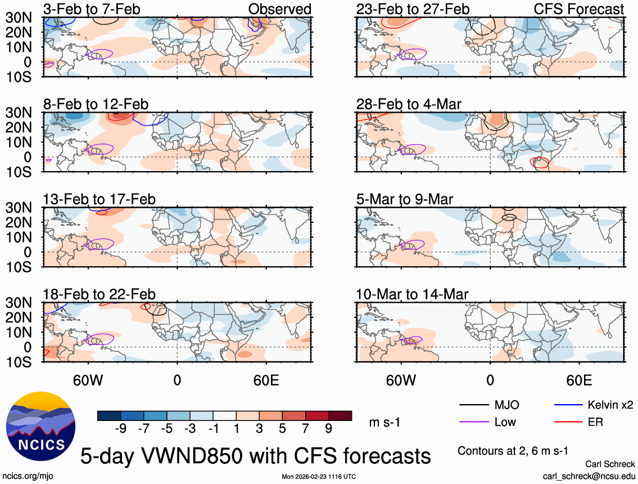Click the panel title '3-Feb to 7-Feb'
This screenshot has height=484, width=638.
pyautogui.click(x=92, y=9)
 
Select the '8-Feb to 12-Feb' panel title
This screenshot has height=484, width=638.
pyautogui.click(x=96, y=104)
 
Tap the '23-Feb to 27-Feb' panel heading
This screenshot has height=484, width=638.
pyautogui.click(x=413, y=9)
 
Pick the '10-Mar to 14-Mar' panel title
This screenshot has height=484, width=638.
pyautogui.click(x=412, y=294)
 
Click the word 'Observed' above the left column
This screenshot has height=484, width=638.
pyautogui.click(x=279, y=9)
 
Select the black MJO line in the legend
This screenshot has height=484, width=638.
pyautogui.click(x=473, y=405)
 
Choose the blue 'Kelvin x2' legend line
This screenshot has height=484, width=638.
pyautogui.click(x=568, y=405)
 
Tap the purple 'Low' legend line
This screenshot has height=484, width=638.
pyautogui.click(x=473, y=422)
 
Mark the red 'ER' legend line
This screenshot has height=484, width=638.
pyautogui.click(x=568, y=422)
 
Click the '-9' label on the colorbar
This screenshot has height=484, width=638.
pyautogui.click(x=120, y=429)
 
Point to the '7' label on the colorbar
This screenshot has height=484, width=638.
pyautogui.click(x=305, y=429)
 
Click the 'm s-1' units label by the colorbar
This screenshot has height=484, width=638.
pyautogui.click(x=384, y=422)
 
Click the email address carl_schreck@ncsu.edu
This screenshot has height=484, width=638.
pyautogui.click(x=589, y=476)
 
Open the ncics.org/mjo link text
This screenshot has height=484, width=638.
pyautogui.click(x=26, y=476)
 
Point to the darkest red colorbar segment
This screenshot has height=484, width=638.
pyautogui.click(x=340, y=416)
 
